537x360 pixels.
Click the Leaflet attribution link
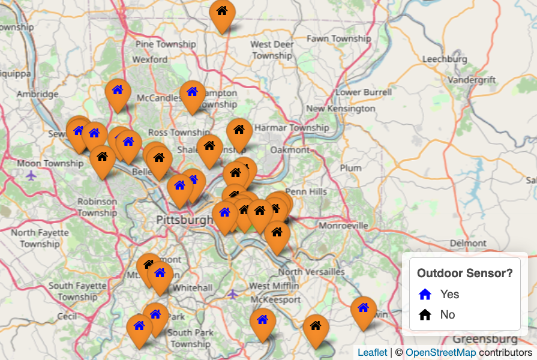point(372,353)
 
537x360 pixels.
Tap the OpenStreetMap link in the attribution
point(440,353)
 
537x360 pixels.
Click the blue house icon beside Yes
point(425,294)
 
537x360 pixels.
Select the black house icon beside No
point(425,314)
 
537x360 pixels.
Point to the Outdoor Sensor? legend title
point(464,273)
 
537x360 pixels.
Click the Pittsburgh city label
point(184,220)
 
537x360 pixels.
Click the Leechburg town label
point(445,59)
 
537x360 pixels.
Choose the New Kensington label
point(340,109)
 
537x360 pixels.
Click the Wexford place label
point(150,59)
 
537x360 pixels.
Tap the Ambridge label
point(37,94)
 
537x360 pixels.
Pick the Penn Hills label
point(306,192)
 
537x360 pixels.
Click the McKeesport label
point(275,299)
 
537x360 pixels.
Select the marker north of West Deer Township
point(222,14)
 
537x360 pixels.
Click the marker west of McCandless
point(118,94)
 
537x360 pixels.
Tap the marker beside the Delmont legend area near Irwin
point(363,311)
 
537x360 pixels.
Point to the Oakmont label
point(290,149)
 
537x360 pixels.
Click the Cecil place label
point(67,316)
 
